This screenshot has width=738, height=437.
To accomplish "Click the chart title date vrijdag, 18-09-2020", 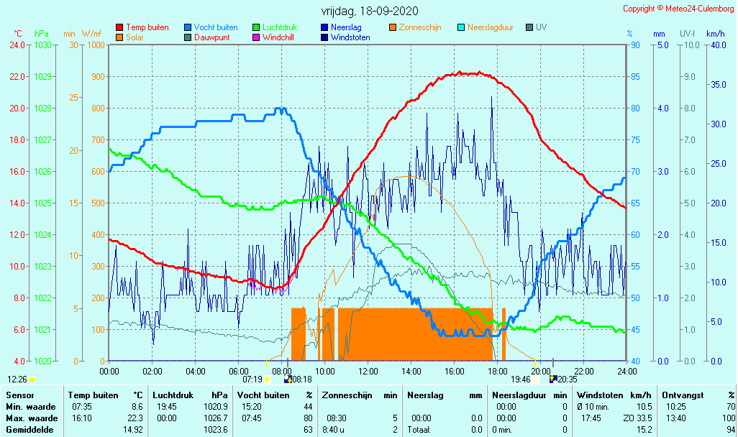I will click(x=369, y=11).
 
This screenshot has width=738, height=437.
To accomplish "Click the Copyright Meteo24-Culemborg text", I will click(x=679, y=9).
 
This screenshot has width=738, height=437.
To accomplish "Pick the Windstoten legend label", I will click(x=350, y=37).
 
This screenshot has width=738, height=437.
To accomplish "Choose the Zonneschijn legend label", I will click(x=420, y=27).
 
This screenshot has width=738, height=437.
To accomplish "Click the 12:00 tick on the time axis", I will click(x=368, y=371).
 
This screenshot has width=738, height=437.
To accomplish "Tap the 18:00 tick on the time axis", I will click(x=498, y=371).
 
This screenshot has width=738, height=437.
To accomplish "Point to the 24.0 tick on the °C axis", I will click(x=17, y=45).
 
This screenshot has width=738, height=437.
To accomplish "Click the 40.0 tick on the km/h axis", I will click(x=717, y=45).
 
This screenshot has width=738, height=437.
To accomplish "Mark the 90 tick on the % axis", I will click(x=636, y=45).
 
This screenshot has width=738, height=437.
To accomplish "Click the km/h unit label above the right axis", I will click(x=715, y=34).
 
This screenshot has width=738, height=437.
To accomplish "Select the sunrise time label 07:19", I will click(x=252, y=379).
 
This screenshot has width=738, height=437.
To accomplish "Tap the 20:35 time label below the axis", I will click(x=568, y=379).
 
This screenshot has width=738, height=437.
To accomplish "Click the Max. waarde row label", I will click(x=32, y=418).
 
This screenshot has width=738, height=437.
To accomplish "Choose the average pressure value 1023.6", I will click(x=216, y=430).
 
